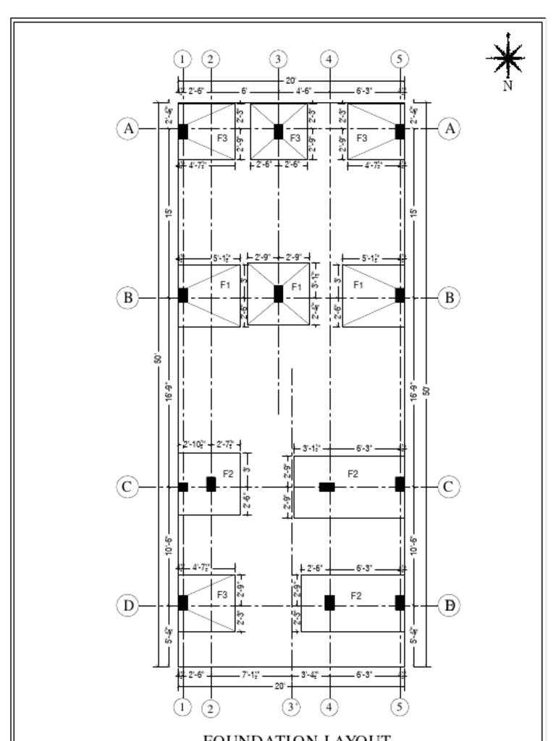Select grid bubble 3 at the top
click(x=279, y=59)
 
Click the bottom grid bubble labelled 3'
click(x=291, y=707)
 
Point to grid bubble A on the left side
click(x=128, y=129)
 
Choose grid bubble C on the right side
click(x=448, y=486)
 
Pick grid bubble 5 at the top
click(x=400, y=59)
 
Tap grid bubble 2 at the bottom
click(x=211, y=708)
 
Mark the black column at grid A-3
click(x=279, y=131)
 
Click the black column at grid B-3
click(x=279, y=294)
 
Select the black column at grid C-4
click(x=327, y=487)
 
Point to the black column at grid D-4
click(x=329, y=603)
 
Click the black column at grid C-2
click(x=211, y=484)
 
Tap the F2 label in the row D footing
click(x=356, y=596)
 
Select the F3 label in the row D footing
click(x=223, y=594)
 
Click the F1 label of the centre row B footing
click(x=296, y=287)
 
